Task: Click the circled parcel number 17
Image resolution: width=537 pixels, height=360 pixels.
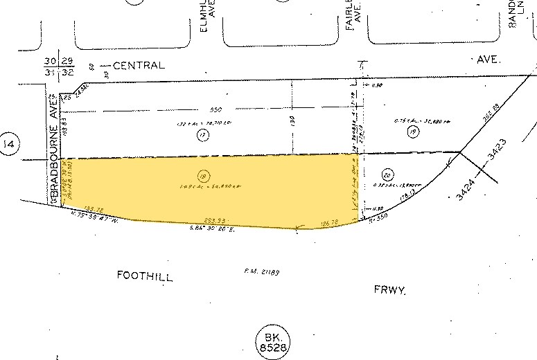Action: point(203,136)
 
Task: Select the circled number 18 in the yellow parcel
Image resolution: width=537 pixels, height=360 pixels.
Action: point(203,176)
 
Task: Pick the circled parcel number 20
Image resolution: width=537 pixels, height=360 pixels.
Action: point(387,174)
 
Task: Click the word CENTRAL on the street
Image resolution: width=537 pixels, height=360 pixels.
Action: point(139,66)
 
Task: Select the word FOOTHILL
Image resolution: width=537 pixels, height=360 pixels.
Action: point(143,276)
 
